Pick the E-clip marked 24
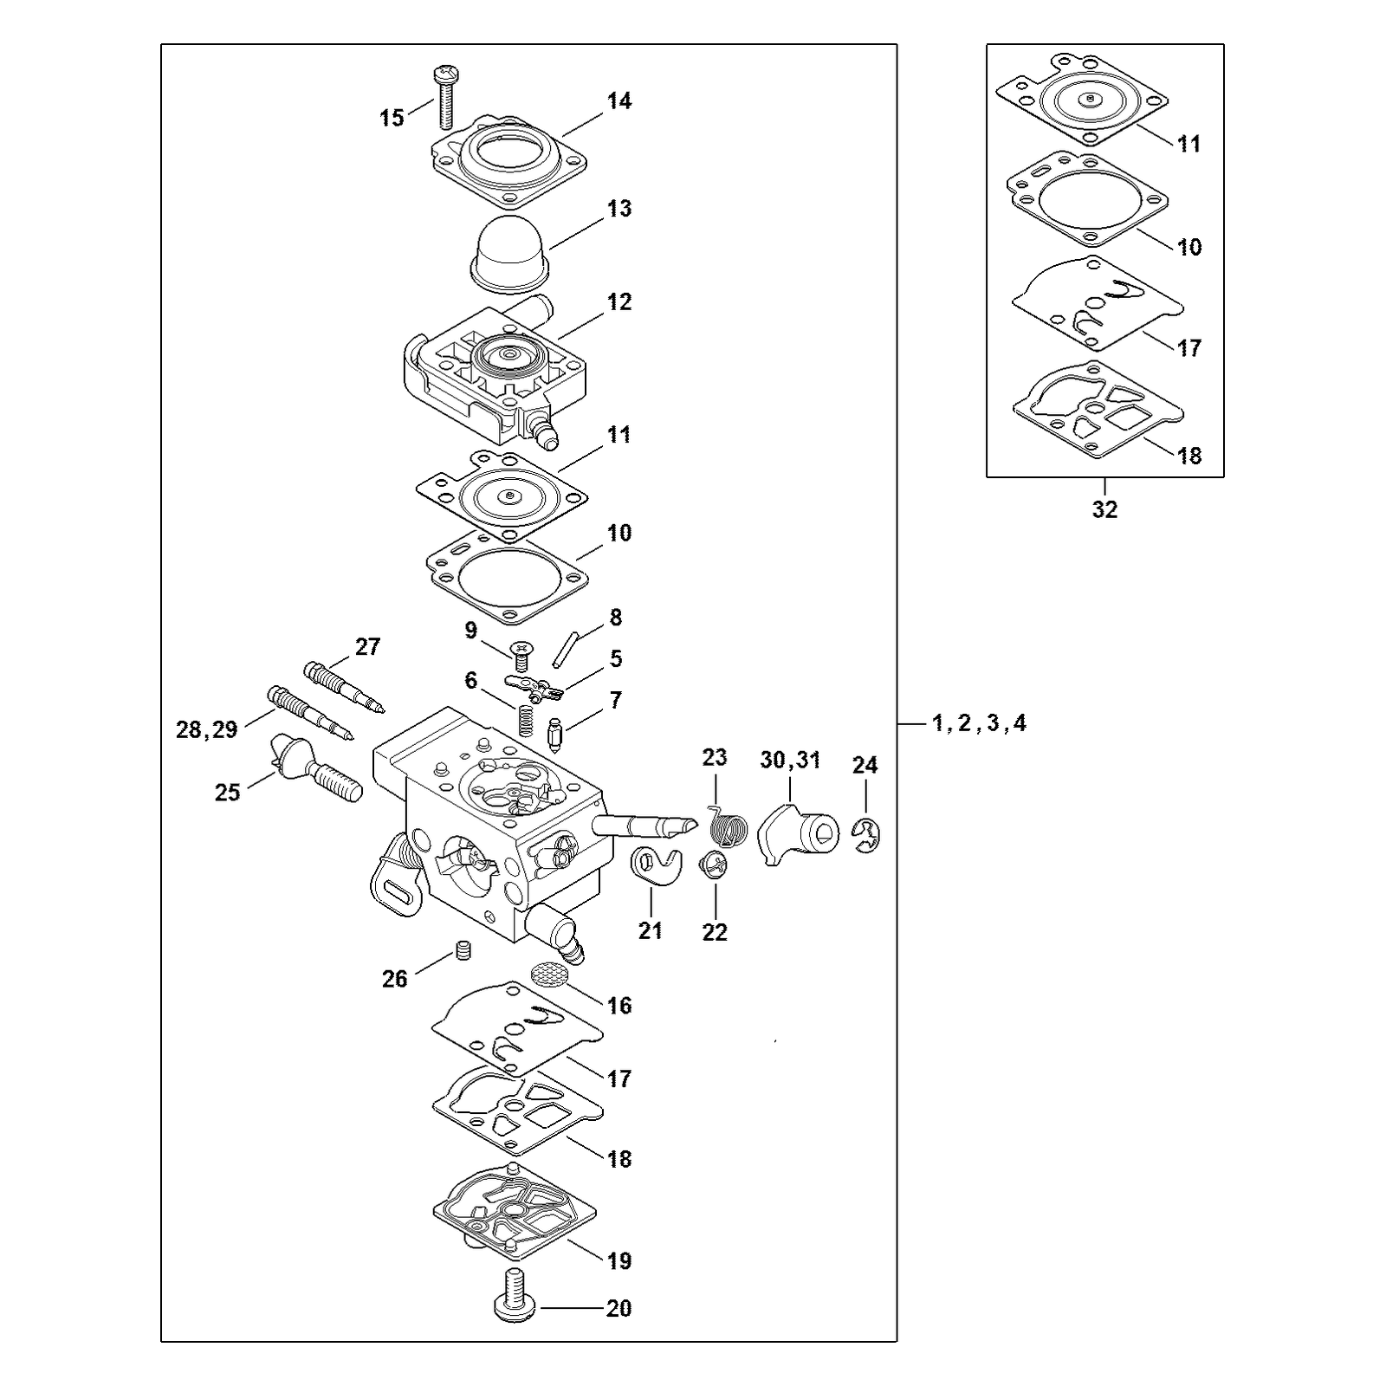[866, 836]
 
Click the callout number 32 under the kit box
[1104, 509]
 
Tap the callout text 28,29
[207, 729]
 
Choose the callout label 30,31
[790, 760]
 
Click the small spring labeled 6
[524, 720]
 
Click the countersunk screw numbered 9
[521, 655]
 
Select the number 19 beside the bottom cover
[619, 1260]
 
